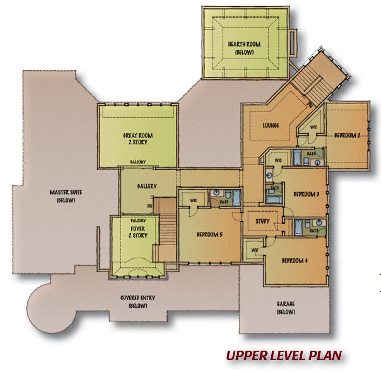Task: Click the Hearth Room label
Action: pyautogui.click(x=244, y=48)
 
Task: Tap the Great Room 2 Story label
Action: pyautogui.click(x=138, y=139)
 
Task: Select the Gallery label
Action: pyautogui.click(x=147, y=186)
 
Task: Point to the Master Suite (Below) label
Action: pyautogui.click(x=66, y=196)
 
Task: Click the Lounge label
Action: pyautogui.click(x=271, y=125)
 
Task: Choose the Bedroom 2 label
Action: pyautogui.click(x=347, y=135)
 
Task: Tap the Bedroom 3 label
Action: pyautogui.click(x=306, y=194)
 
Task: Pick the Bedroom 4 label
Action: pyautogui.click(x=295, y=261)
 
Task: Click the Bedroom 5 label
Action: pyautogui.click(x=210, y=235)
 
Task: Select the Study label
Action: pyautogui.click(x=262, y=221)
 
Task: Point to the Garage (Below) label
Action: pyautogui.click(x=286, y=308)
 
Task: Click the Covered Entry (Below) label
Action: pyautogui.click(x=138, y=301)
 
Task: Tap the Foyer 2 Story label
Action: pyautogui.click(x=138, y=232)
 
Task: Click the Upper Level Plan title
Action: pyautogui.click(x=284, y=355)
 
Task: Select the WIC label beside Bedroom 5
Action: pyautogui.click(x=193, y=201)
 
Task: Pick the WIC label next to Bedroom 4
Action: pyautogui.click(x=254, y=250)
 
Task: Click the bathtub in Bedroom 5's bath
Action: pyautogui.click(x=237, y=198)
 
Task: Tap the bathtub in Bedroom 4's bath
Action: pyautogui.click(x=298, y=227)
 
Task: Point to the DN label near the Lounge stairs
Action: pyautogui.click(x=309, y=105)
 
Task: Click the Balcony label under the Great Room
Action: pyautogui.click(x=138, y=162)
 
